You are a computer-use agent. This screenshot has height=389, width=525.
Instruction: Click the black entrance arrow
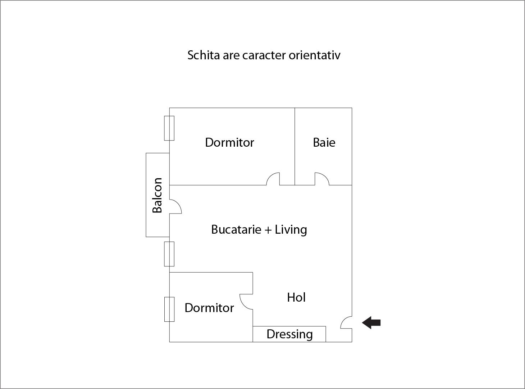point(371,323)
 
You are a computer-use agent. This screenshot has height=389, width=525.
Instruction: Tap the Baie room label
point(324,142)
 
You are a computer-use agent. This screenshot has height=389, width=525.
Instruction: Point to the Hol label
point(296,297)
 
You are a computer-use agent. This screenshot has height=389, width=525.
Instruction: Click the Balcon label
point(157,195)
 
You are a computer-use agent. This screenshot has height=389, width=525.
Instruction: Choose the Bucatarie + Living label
point(259,229)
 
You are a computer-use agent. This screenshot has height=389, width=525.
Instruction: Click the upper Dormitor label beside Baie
point(229,142)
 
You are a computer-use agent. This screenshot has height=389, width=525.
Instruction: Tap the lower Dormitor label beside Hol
point(209,308)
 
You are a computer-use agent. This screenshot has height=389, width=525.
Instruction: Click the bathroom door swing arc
point(322,179)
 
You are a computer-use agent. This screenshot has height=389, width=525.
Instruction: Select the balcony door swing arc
point(175,206)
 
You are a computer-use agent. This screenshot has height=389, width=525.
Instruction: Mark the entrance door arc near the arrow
point(346,322)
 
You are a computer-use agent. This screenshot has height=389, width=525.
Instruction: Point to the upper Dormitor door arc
point(273,179)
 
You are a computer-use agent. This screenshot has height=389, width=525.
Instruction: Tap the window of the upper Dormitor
point(169,128)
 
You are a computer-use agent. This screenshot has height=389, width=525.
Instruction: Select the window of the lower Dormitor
point(169,309)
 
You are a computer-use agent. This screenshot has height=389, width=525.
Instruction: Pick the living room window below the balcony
point(169,254)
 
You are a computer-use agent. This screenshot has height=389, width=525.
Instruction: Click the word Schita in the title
point(204,55)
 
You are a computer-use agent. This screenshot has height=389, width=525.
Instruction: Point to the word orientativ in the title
point(314,55)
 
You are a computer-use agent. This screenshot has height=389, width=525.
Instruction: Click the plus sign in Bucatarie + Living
point(268,230)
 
